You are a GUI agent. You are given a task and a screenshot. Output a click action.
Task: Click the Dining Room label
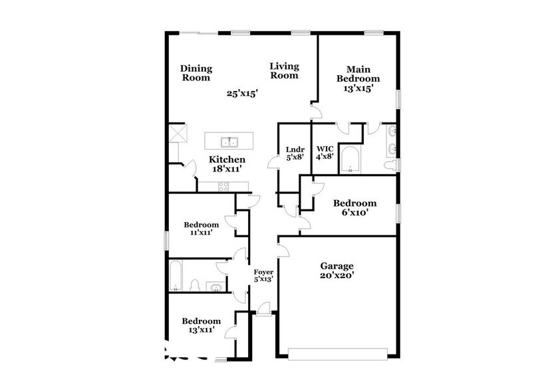pyautogui.click(x=196, y=72)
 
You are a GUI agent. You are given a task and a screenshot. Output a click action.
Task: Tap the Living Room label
pyautogui.click(x=284, y=70)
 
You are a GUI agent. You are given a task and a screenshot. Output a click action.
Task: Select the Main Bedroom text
pyautogui.click(x=362, y=74)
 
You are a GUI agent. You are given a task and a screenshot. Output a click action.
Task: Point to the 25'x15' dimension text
pyautogui.click(x=242, y=94)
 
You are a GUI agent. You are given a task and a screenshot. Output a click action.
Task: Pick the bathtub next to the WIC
pyautogui.click(x=350, y=160)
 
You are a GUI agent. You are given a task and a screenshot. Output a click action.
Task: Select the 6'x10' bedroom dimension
pyautogui.click(x=354, y=213)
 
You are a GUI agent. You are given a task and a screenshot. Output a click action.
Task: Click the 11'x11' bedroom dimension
pyautogui.click(x=201, y=233)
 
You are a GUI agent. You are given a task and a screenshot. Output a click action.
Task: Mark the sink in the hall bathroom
pyautogui.click(x=216, y=287)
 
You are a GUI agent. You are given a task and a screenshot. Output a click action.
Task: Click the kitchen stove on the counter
pyautogui.click(x=223, y=187)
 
